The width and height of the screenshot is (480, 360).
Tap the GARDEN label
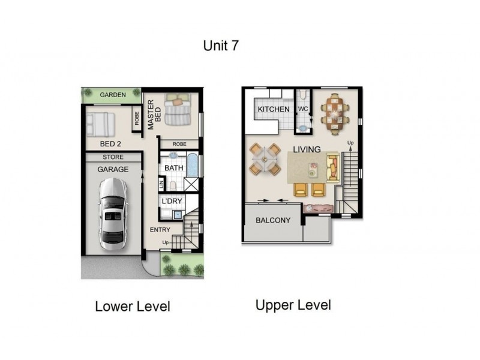pyautogui.click(x=113, y=95)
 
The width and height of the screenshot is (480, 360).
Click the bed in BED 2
pyautogui.click(x=101, y=124)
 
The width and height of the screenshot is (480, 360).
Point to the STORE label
pyautogui.click(x=113, y=157)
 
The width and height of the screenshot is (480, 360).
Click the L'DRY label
pyautogui.click(x=174, y=201)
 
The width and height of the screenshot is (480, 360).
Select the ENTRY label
pyautogui.click(x=161, y=230)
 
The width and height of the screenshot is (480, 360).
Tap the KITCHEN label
pyautogui.click(x=274, y=110)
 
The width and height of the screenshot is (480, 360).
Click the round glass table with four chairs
pyautogui.click(x=265, y=160)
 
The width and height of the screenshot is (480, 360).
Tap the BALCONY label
pyautogui.click(x=273, y=220)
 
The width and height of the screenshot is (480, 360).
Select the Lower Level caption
pyautogui.click(x=133, y=307)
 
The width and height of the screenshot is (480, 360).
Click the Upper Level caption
pyautogui.click(x=293, y=305)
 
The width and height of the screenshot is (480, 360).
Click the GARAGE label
pyautogui.click(x=113, y=169)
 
